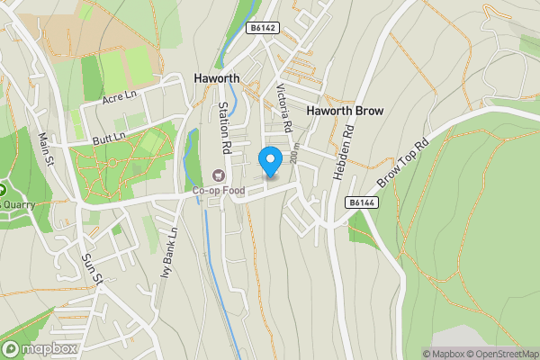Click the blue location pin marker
(270, 161)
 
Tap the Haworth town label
(217, 78)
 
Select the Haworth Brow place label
(346, 111)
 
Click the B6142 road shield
(263, 29)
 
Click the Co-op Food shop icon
(217, 175)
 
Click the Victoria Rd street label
(286, 108)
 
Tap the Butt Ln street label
(110, 137)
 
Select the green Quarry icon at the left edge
(3, 191)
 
